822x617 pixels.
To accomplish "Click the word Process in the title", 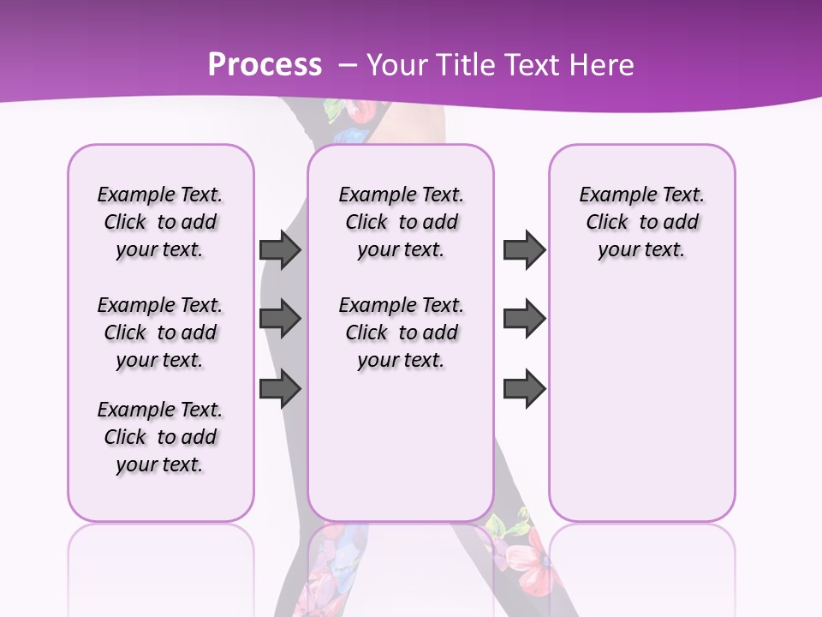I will [265, 65].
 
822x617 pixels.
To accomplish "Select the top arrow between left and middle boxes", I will [280, 249].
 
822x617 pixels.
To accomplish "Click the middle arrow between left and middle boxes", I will [280, 319].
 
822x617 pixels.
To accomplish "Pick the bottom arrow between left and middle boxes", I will [280, 389].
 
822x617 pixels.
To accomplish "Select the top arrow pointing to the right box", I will [524, 249].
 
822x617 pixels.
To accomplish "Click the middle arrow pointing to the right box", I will [524, 319].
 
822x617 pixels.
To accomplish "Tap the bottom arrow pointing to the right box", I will [524, 389].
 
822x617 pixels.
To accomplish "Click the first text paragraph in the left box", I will [160, 222].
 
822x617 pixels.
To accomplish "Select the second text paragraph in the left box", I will [160, 332].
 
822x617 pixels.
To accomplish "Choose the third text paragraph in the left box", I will [160, 437].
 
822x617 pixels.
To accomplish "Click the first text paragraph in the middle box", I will [401, 222].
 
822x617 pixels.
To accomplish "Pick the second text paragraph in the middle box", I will [401, 332].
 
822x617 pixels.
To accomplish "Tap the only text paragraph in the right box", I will [641, 222].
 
